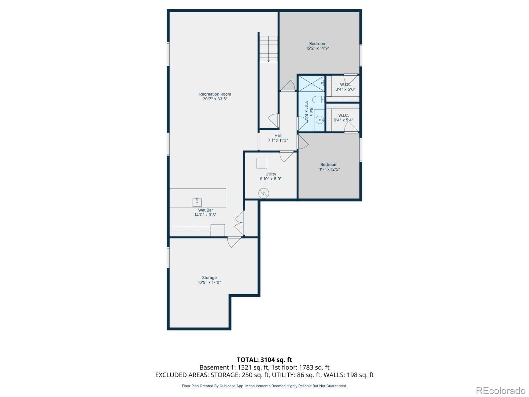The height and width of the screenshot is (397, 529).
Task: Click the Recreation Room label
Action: click(x=215, y=94)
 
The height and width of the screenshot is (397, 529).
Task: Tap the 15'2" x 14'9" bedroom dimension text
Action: click(x=318, y=48)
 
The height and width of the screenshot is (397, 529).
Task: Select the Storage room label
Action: click(x=209, y=278)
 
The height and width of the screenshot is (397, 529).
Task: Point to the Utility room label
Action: click(x=271, y=174)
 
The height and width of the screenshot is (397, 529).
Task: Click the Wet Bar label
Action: click(x=205, y=210)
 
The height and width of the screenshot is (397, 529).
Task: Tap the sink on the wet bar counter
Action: click(x=197, y=202)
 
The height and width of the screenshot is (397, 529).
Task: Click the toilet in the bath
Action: click(x=318, y=99)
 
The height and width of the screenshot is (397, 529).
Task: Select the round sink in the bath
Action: click(x=320, y=120)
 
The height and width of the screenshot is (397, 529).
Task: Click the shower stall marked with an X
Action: click(x=311, y=84)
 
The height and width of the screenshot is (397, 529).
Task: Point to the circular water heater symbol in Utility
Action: click(x=264, y=193)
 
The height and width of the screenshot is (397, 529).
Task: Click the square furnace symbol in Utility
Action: click(x=262, y=163)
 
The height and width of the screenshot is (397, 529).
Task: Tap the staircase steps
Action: click(x=268, y=49)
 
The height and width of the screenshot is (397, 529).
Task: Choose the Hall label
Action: click(x=278, y=135)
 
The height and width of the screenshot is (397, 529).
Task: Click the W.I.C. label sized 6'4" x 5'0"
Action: click(x=345, y=87)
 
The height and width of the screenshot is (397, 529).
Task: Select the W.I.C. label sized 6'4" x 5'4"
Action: click(x=344, y=118)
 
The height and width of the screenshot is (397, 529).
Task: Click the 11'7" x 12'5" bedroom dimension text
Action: click(x=329, y=169)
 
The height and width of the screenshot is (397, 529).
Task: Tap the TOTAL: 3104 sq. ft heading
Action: click(x=264, y=360)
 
